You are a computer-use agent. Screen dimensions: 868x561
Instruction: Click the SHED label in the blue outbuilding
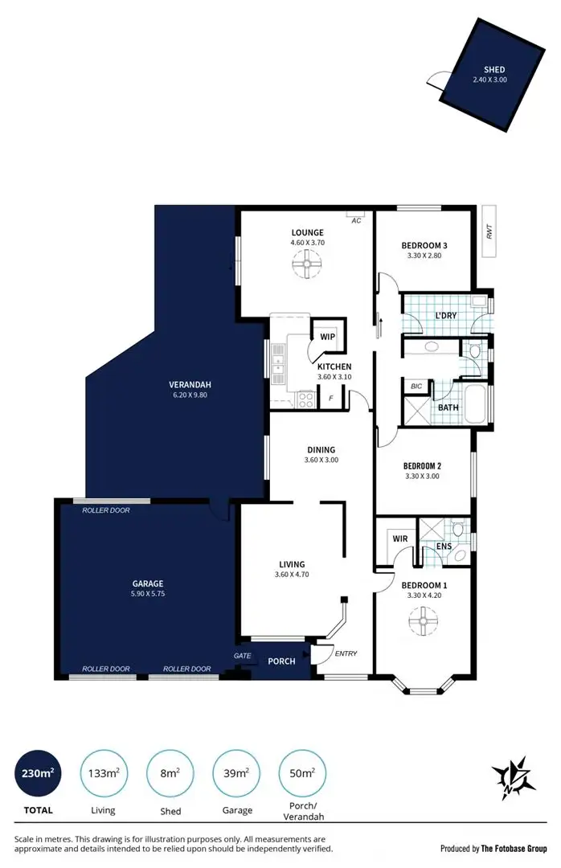(x=494, y=70)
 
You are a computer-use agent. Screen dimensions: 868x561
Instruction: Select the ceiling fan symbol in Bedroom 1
(x=420, y=620)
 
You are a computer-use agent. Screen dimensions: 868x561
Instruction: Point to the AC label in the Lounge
(x=355, y=220)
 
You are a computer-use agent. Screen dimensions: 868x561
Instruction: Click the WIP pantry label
(x=327, y=337)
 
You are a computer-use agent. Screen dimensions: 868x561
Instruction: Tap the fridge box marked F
(x=330, y=398)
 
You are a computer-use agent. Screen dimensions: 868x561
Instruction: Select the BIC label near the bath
(x=416, y=387)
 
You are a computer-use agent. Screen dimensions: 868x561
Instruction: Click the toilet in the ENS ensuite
(x=457, y=530)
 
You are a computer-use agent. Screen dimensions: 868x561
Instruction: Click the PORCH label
(x=281, y=661)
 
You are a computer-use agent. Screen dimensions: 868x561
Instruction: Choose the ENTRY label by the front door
(x=346, y=653)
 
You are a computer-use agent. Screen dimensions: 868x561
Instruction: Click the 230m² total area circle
(x=38, y=774)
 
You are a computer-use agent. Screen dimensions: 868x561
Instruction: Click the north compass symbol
(x=510, y=776)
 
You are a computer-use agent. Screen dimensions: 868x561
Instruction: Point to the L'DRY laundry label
(x=445, y=316)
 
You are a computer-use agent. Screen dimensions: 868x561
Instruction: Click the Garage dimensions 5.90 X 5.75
(x=148, y=594)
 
